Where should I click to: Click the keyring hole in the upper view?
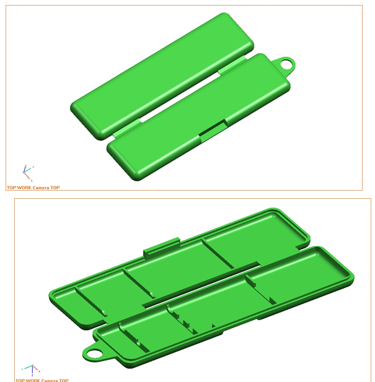287,63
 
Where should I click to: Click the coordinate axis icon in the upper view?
27,172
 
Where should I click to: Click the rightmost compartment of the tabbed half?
254,241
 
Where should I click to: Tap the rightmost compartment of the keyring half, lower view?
298,276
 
